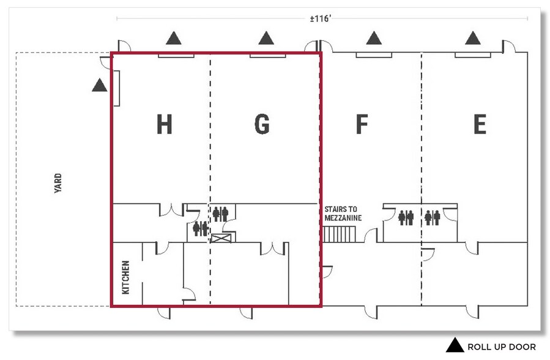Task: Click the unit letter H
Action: [164, 124]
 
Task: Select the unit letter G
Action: [262, 124]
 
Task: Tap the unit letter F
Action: [362, 124]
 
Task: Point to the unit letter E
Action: [480, 124]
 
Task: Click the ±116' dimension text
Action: [321, 18]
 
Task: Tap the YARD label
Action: [58, 183]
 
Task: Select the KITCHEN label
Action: [125, 277]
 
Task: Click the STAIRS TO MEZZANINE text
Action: [343, 214]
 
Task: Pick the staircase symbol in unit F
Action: [339, 234]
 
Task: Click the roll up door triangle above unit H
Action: [174, 38]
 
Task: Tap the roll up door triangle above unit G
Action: [266, 38]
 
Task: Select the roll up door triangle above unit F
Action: [374, 38]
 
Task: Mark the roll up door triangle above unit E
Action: [473, 38]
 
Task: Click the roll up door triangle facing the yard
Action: [100, 85]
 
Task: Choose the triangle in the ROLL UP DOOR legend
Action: [455, 345]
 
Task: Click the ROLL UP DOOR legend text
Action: [502, 347]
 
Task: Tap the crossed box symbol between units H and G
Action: [221, 239]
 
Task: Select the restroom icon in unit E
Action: [433, 217]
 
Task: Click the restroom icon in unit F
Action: [406, 217]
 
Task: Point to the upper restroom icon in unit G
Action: [221, 214]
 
